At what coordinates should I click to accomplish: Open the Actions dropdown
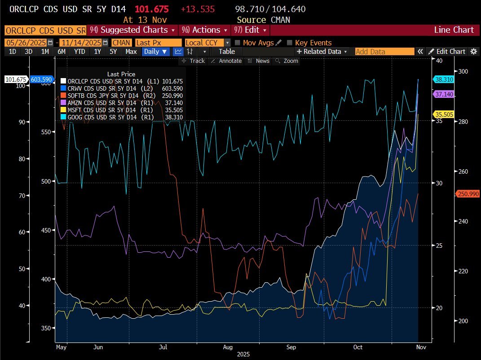tap(205, 30)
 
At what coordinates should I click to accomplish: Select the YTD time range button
tap(79, 51)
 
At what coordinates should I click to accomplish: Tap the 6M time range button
tap(61, 51)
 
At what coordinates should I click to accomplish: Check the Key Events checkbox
tap(290, 43)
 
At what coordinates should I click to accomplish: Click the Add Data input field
tap(384, 52)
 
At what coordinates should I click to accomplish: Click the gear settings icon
tap(473, 52)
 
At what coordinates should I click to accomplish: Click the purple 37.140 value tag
tap(444, 94)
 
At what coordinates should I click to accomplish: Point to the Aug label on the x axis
tap(228, 347)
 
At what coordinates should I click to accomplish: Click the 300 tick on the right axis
tap(463, 71)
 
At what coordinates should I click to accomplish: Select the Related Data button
tap(322, 52)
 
